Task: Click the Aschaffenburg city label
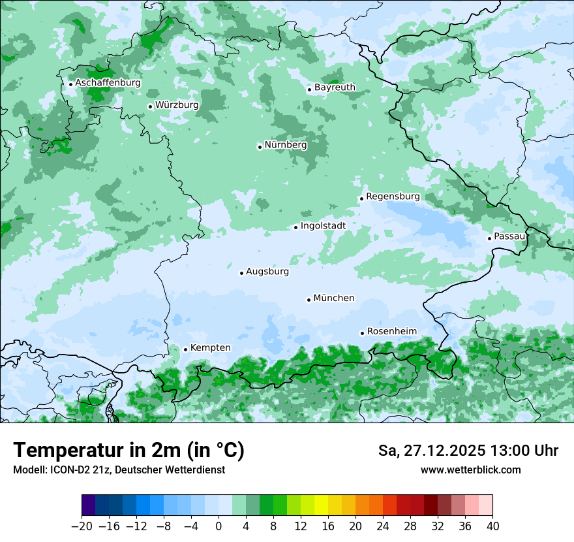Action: click(108, 83)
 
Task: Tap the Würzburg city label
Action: click(177, 105)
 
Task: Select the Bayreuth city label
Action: click(335, 88)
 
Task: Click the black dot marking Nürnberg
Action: click(260, 147)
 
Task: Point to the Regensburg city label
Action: click(393, 197)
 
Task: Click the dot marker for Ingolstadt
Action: click(295, 227)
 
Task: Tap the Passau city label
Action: click(509, 236)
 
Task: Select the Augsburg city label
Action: click(267, 272)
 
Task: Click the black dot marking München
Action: click(309, 300)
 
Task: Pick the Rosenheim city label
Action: click(391, 332)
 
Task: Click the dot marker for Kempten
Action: click(185, 349)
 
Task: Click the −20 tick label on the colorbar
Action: click(82, 526)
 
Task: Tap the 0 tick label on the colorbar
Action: click(219, 526)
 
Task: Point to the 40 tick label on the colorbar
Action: click(492, 526)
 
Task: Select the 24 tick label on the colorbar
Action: click(383, 526)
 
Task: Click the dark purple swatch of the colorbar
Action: click(88, 505)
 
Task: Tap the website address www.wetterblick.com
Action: click(470, 470)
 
